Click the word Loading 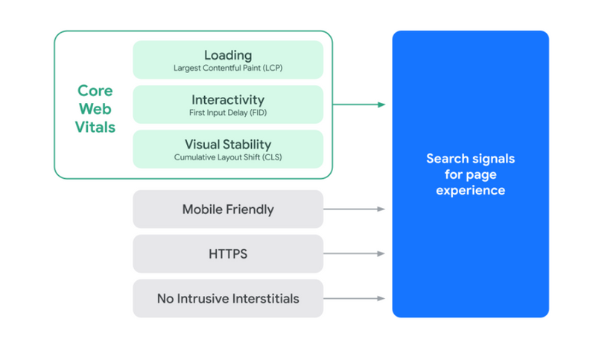[228, 55]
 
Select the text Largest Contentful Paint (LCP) [228, 69]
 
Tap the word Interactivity [228, 100]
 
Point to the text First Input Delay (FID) [228, 113]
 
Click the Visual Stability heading [228, 145]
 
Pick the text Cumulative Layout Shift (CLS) [228, 158]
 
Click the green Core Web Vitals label [96, 109]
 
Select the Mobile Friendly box [228, 209]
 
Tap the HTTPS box [228, 254]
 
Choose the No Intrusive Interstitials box [228, 299]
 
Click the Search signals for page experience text [470, 174]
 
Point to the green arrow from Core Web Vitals [358, 104]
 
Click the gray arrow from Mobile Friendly [355, 209]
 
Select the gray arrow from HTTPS [355, 254]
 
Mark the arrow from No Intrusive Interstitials [355, 299]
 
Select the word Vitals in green [95, 127]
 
